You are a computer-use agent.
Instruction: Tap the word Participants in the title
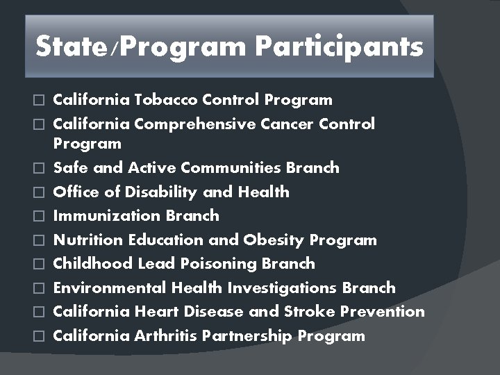[x=339, y=47]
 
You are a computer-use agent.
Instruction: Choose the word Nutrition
[x=88, y=240]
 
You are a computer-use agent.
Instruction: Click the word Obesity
[x=274, y=240]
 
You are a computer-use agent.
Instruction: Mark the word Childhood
[x=92, y=264]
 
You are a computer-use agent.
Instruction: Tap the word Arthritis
[x=166, y=336]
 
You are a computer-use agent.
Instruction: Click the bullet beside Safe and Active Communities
[x=40, y=169]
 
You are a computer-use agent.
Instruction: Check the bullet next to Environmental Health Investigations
[x=40, y=289]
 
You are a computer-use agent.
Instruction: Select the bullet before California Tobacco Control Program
[x=40, y=101]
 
